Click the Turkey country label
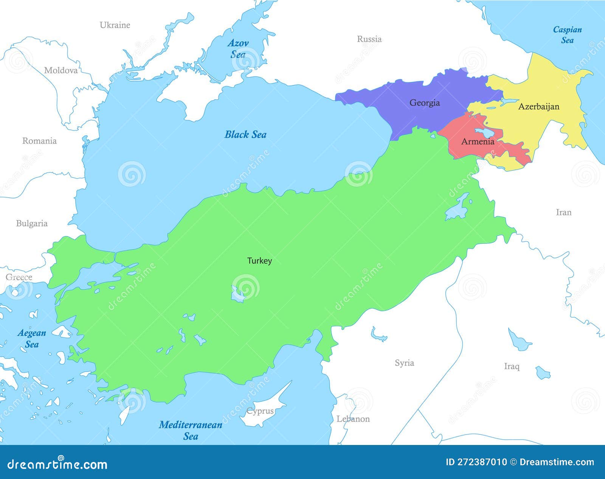click(259, 261)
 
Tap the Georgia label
click(425, 103)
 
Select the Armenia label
click(478, 142)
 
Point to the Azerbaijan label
click(538, 107)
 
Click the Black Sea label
click(245, 135)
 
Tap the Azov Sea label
click(238, 49)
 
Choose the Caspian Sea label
click(567, 35)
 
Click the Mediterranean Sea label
click(191, 430)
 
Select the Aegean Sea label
click(32, 338)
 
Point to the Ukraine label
click(115, 25)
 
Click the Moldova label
click(61, 70)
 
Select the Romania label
click(39, 141)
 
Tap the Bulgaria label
click(32, 223)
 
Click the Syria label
click(404, 363)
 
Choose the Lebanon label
click(353, 419)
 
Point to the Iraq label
click(512, 366)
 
